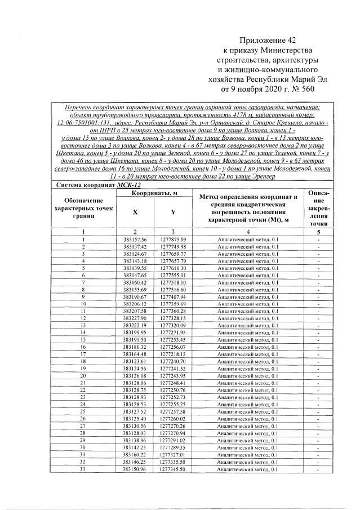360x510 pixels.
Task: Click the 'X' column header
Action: [x=135, y=212]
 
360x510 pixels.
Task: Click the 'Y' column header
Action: [x=173, y=212]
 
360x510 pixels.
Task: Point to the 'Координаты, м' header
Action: [x=154, y=194]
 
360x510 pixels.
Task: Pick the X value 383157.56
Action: [x=135, y=240]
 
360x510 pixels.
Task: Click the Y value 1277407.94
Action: [x=173, y=296]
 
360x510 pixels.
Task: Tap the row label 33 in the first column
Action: [x=83, y=469]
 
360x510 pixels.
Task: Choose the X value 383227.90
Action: [x=135, y=318]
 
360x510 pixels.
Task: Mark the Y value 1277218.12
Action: [x=173, y=354]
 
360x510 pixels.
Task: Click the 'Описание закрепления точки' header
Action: [x=318, y=207]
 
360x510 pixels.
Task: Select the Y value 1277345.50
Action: [x=173, y=469]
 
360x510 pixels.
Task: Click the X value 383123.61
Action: [x=135, y=361]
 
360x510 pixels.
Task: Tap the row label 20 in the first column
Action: [x=83, y=375]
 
